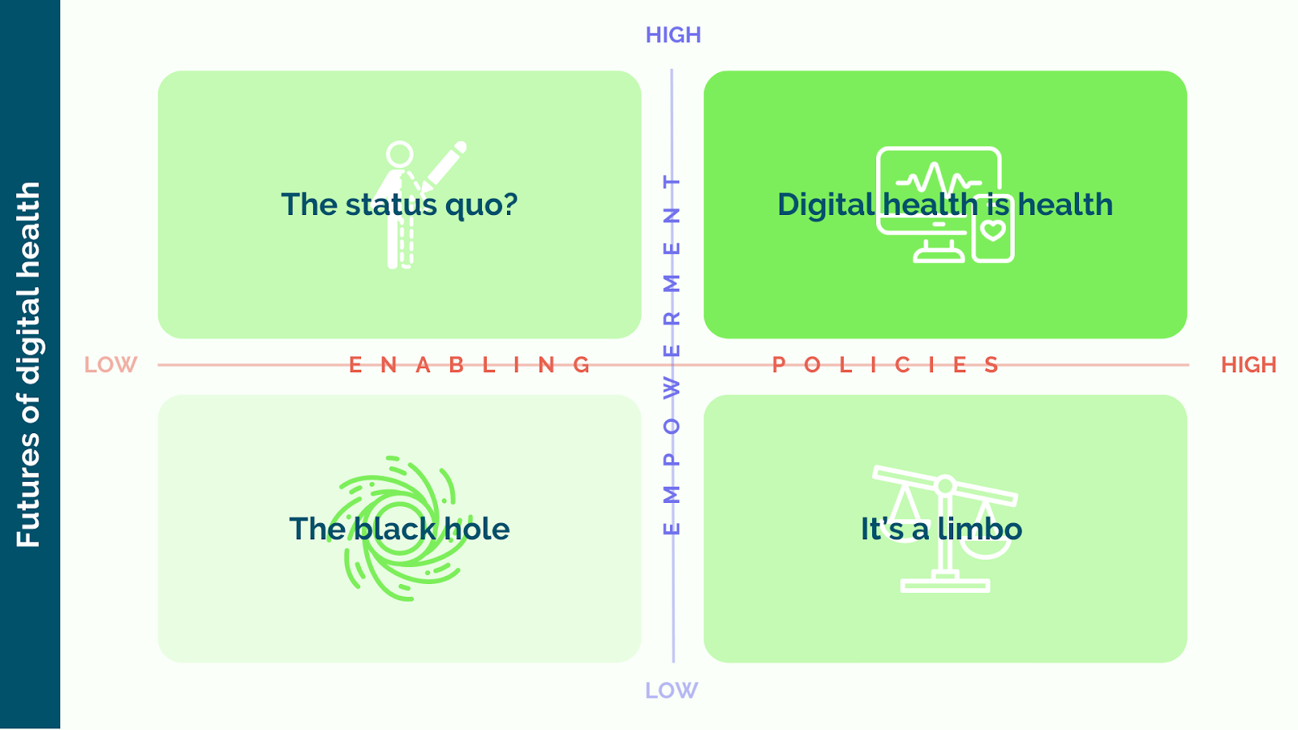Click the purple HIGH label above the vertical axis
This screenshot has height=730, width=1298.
pyautogui.click(x=673, y=35)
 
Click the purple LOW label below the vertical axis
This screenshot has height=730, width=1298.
pyautogui.click(x=671, y=690)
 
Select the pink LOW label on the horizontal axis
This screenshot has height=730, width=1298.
pyautogui.click(x=110, y=365)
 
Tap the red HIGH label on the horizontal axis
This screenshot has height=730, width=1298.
pyautogui.click(x=1248, y=365)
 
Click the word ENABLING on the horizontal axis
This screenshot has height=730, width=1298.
pyautogui.click(x=469, y=365)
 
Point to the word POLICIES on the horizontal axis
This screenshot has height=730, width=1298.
pyautogui.click(x=885, y=365)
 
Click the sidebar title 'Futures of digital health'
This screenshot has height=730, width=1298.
pyautogui.click(x=28, y=365)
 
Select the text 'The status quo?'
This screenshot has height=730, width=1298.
pyautogui.click(x=399, y=204)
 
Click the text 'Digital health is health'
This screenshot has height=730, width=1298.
pyautogui.click(x=944, y=204)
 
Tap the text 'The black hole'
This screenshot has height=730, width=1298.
pyautogui.click(x=399, y=529)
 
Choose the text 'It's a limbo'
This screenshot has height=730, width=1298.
pyautogui.click(x=941, y=529)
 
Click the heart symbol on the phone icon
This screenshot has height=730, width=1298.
pyautogui.click(x=993, y=231)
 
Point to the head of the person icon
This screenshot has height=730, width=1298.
pyautogui.click(x=399, y=154)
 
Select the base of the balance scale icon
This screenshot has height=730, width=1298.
pyautogui.click(x=945, y=585)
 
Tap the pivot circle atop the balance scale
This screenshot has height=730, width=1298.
pyautogui.click(x=945, y=486)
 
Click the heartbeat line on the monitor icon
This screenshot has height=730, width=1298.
pyautogui.click(x=938, y=178)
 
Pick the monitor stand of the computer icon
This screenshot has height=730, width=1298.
pyautogui.click(x=939, y=252)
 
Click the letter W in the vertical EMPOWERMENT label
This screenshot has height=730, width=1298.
pyautogui.click(x=672, y=389)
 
